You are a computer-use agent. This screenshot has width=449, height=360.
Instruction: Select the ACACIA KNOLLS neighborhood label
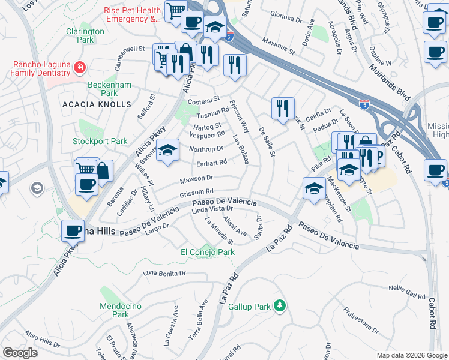(97, 104)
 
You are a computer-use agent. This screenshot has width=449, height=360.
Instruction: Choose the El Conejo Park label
(208, 253)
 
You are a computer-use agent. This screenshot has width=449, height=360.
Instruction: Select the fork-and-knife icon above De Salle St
(283, 108)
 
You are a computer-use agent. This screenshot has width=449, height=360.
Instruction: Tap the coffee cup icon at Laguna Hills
(73, 230)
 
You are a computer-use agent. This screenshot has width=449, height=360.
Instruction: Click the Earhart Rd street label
(211, 163)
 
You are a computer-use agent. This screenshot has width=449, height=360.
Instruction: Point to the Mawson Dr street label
(197, 178)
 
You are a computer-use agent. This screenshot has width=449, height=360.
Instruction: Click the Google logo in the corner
(19, 353)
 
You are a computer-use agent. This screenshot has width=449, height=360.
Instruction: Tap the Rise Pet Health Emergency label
(133, 15)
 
